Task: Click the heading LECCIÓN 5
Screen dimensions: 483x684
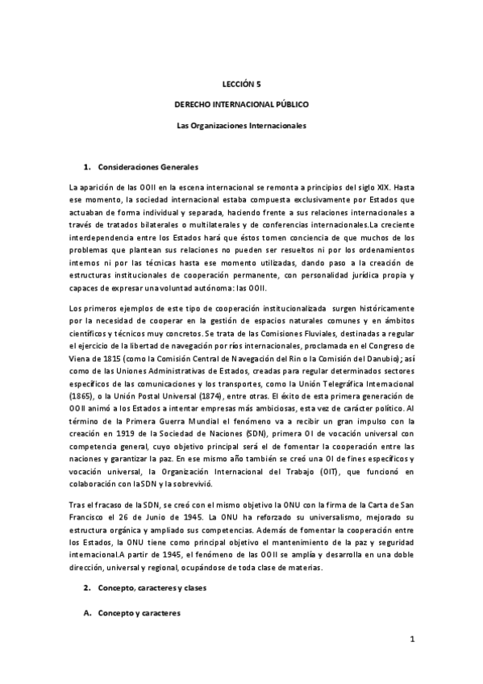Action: coord(242,84)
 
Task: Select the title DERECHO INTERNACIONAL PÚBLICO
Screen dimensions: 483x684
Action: coord(242,105)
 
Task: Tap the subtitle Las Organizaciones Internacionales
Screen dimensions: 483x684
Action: coord(242,126)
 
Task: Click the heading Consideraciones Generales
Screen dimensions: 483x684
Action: coord(148,168)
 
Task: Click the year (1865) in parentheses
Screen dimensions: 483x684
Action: coord(83,396)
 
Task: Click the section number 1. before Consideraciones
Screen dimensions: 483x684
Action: coord(87,168)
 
